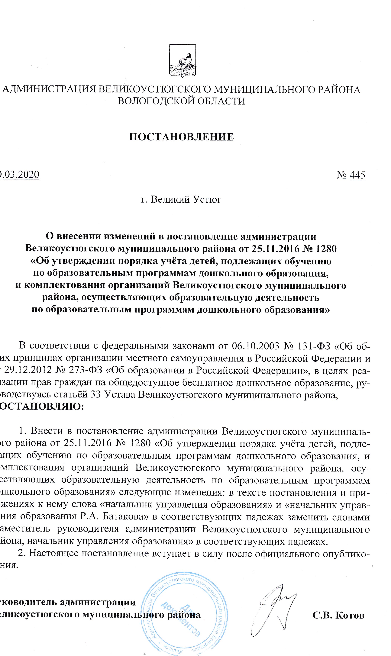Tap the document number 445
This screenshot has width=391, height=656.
[357, 175]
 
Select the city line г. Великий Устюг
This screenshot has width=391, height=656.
[181, 199]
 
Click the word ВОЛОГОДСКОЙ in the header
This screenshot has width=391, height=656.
[154, 101]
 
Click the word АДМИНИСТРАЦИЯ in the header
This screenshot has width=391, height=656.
[49, 90]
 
